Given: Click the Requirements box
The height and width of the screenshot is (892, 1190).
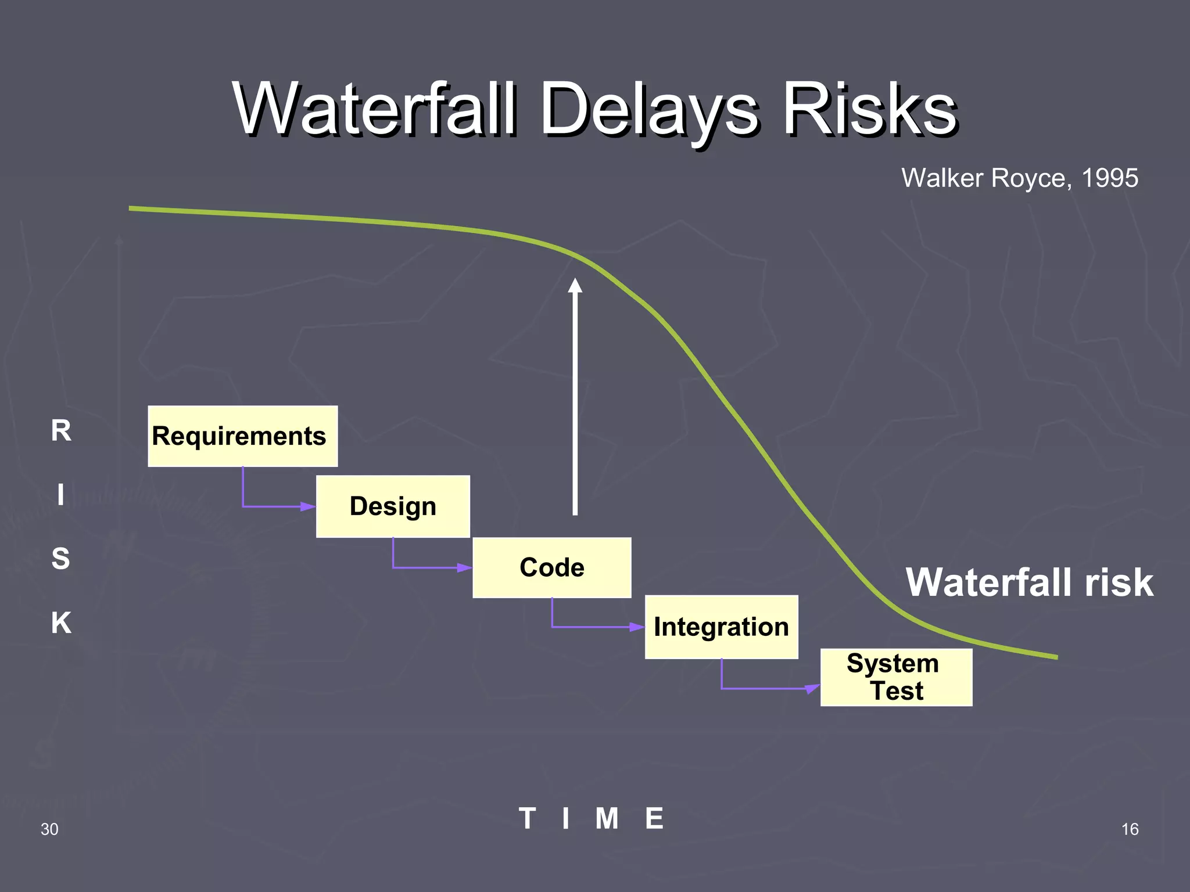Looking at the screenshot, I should pos(242,436).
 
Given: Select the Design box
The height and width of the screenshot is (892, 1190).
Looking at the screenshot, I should pos(393,506).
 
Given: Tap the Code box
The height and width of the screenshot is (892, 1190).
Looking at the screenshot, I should pos(551,567).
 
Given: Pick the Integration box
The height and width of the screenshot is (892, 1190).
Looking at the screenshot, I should pos(721,627).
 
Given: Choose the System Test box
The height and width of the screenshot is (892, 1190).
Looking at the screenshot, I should pos(895,677).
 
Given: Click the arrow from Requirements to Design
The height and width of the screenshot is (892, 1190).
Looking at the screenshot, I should pos(273,506).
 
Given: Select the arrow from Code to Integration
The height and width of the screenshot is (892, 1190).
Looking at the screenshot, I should pos(593,627).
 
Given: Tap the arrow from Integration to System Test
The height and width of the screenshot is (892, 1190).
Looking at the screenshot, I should pos(767,689).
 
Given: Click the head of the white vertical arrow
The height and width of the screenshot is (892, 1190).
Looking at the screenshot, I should pos(575,286).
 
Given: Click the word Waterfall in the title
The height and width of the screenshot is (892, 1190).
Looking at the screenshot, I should pos(375,109).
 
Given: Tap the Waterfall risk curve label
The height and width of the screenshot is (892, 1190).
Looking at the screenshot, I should pos(1029,582).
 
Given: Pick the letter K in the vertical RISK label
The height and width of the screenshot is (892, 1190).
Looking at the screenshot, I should pos(61,623).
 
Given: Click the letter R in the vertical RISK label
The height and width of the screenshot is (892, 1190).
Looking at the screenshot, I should pos(61,431).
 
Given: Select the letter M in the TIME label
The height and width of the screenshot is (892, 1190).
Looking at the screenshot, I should pos(607,819).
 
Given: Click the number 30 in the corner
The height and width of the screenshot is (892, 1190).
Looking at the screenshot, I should pos(49,829).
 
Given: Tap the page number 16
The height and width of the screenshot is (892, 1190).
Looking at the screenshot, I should pos(1130,829).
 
